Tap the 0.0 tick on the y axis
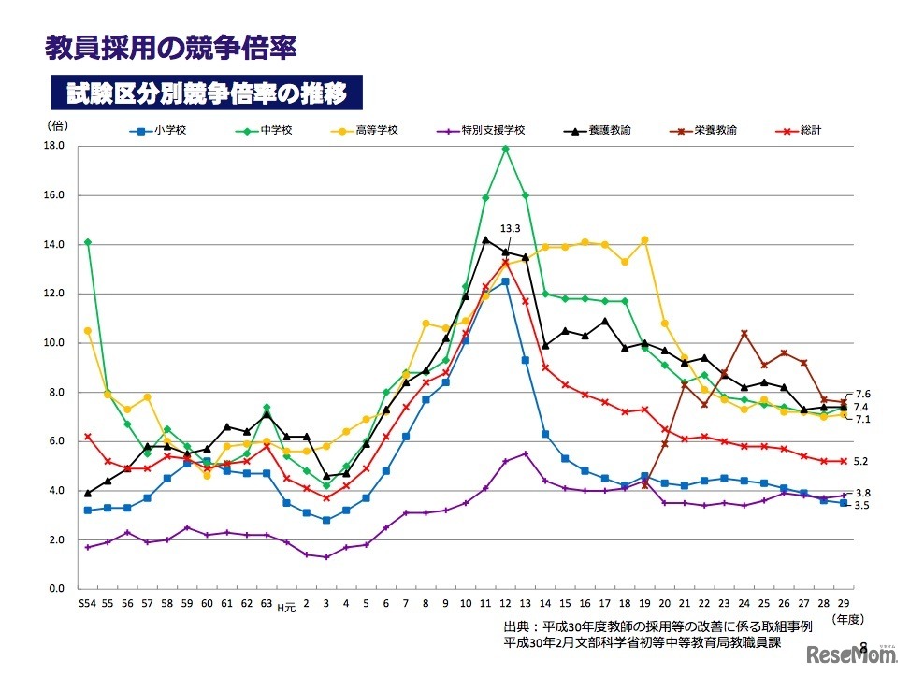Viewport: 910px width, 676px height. (55, 589)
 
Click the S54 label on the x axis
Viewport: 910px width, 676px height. (87, 605)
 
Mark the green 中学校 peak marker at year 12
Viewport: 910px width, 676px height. (505, 149)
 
